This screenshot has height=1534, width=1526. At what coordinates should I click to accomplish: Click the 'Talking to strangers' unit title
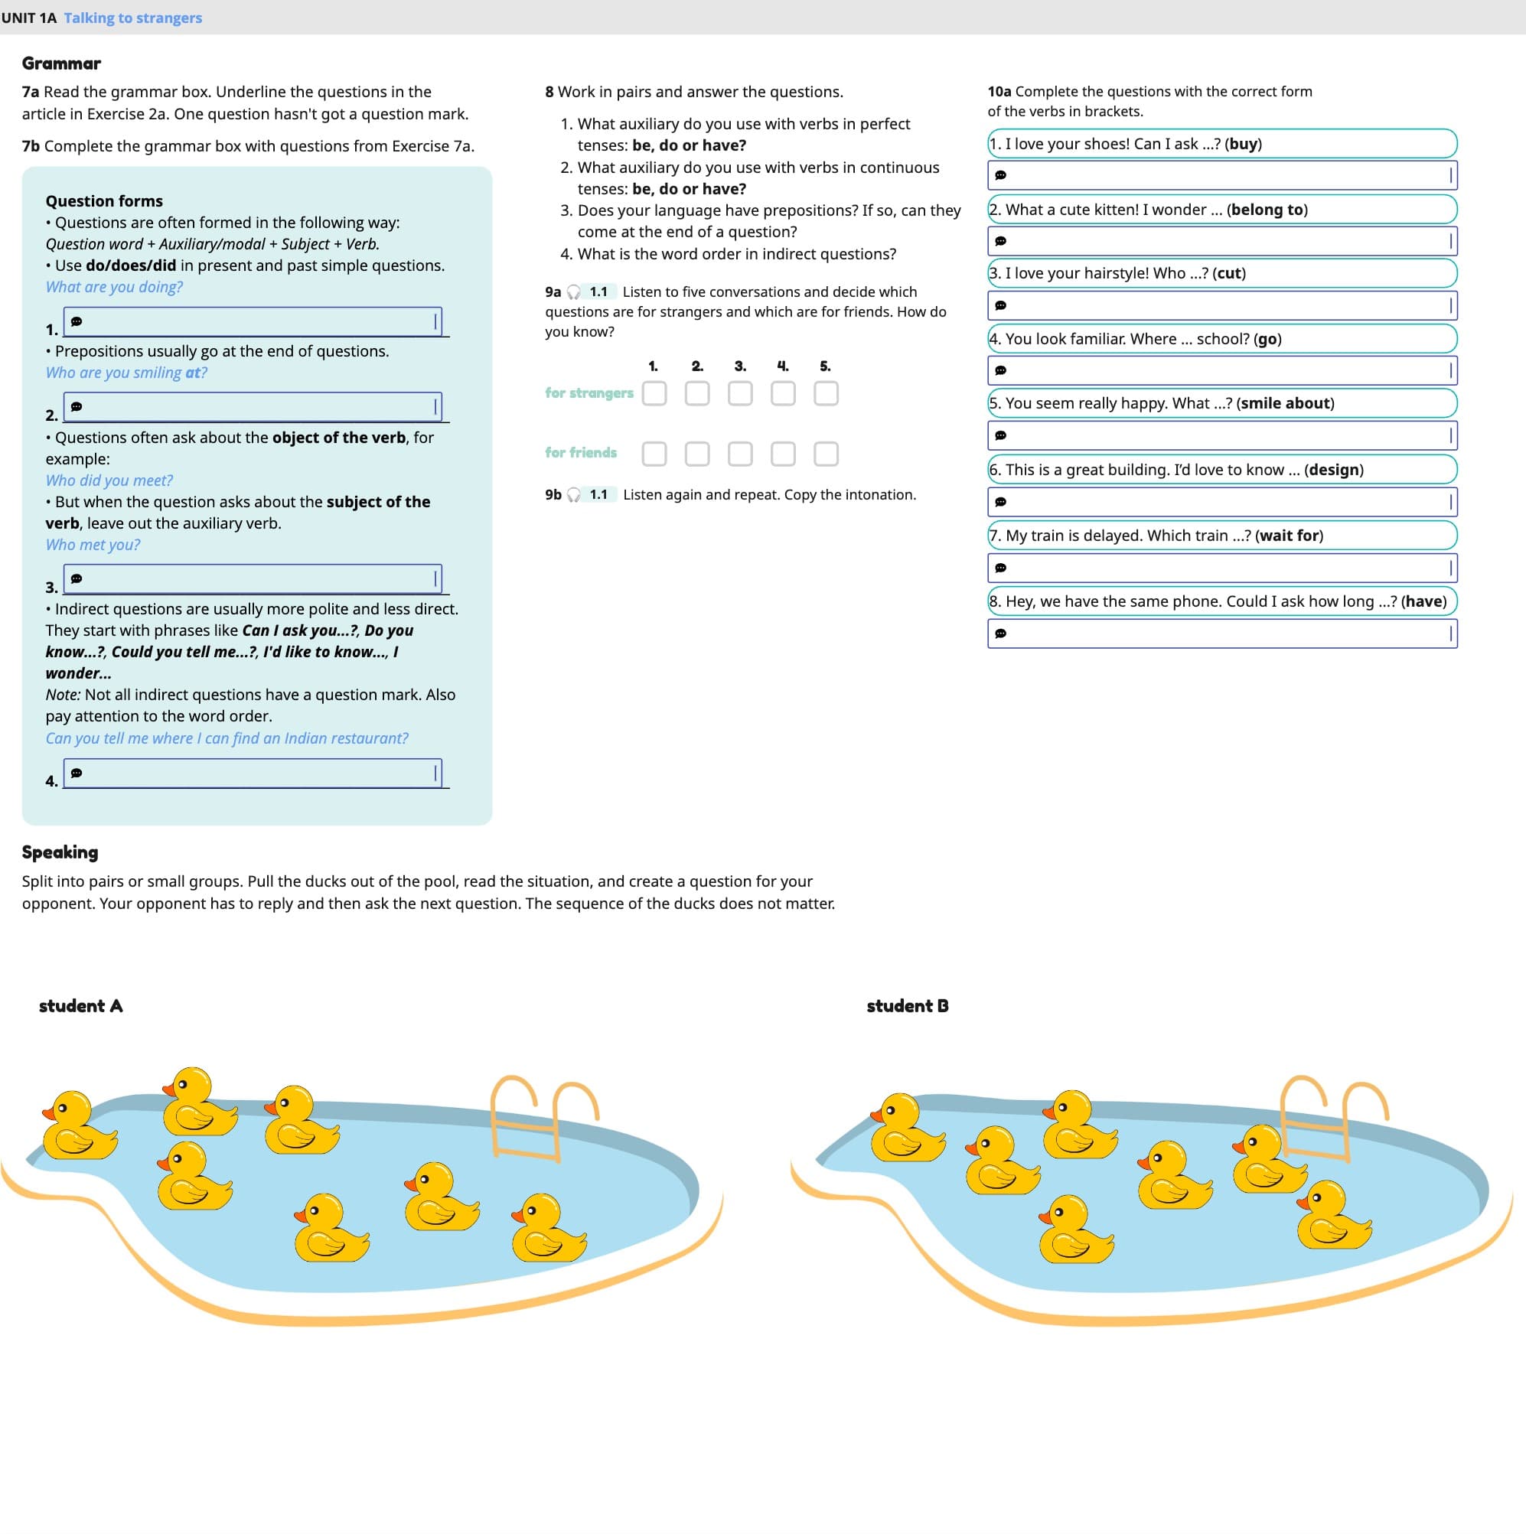coord(132,18)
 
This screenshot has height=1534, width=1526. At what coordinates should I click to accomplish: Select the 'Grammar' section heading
coord(61,63)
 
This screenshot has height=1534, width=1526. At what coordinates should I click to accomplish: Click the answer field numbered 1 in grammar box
coord(253,321)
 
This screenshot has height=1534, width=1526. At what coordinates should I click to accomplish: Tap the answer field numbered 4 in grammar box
coord(253,773)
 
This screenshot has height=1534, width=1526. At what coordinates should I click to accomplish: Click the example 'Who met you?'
coord(92,545)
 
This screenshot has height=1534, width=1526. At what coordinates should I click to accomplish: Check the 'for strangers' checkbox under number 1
coord(654,393)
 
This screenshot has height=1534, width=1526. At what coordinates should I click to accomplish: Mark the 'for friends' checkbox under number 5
coord(825,454)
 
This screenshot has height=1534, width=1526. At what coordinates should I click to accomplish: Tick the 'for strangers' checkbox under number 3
coord(739,393)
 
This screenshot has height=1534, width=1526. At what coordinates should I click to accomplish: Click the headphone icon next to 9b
coord(573,496)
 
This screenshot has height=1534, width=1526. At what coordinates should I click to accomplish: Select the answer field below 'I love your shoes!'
coord(1221,174)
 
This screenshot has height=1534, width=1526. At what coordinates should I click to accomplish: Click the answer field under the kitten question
coord(1221,240)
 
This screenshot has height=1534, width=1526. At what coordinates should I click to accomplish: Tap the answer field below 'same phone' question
coord(1221,633)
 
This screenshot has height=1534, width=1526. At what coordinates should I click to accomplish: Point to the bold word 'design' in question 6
coord(1333,469)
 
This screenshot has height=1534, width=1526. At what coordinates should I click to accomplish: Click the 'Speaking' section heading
coord(60,852)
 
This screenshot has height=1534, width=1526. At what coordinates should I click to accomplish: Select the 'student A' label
coord(80,1005)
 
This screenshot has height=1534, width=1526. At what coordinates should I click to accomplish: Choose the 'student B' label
coord(907,1005)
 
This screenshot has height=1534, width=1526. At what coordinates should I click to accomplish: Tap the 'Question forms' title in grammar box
coord(104,201)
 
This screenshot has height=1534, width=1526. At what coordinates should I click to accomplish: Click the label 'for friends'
coord(581,453)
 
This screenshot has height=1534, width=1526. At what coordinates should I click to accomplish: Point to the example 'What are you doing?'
coord(113,287)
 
